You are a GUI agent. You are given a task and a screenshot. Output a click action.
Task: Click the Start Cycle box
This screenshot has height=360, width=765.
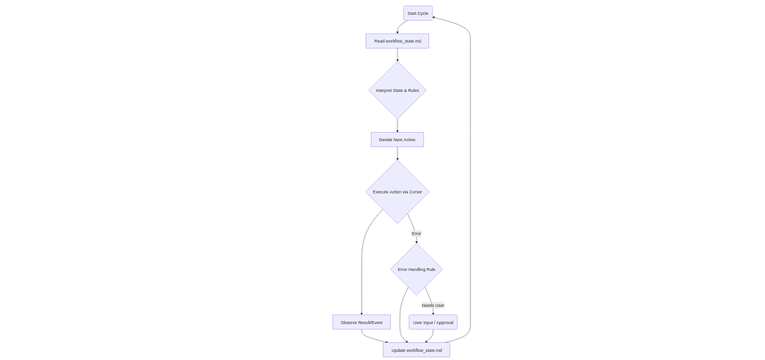[418, 13]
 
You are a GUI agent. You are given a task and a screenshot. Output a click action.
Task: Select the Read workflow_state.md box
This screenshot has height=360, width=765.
[397, 41]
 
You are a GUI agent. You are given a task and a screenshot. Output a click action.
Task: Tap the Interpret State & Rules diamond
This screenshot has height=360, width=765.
[397, 90]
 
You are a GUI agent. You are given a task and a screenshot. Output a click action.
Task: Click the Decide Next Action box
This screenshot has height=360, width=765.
[397, 140]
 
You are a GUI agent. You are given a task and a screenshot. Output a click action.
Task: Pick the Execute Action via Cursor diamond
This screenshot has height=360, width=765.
[397, 192]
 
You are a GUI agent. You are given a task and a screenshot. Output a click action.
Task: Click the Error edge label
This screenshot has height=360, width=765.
[416, 234]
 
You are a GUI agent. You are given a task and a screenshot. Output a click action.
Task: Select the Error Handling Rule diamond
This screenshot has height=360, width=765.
[416, 270]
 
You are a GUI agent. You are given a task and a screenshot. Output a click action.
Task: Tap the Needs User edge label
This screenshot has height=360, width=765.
[433, 305]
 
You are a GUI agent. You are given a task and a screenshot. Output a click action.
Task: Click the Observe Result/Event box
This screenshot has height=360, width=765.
[361, 323]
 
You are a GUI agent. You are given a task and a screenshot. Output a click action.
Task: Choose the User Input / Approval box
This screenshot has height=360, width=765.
[433, 323]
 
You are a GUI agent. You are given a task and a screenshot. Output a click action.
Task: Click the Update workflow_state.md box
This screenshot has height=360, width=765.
[416, 350]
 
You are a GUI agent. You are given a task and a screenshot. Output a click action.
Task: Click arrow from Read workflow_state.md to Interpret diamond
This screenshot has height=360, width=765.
[397, 55]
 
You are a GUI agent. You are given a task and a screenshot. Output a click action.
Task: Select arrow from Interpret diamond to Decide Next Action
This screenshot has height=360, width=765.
[397, 125]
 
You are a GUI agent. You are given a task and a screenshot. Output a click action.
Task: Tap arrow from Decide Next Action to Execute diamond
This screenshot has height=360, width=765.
[397, 153]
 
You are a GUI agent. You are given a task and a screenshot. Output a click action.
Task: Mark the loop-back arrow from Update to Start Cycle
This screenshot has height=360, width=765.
[470, 187]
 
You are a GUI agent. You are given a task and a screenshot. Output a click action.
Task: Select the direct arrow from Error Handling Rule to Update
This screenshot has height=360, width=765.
[400, 314]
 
